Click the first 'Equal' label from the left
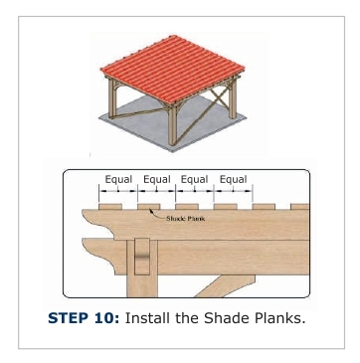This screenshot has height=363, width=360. pyautogui.click(x=118, y=179)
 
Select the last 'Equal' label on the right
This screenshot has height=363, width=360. pyautogui.click(x=234, y=179)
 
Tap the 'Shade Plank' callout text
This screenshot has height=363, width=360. pyautogui.click(x=185, y=219)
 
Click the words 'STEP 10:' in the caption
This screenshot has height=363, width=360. pyautogui.click(x=84, y=318)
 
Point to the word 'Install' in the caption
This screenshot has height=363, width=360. pyautogui.click(x=148, y=318)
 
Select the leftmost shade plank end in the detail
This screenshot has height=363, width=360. pyautogui.click(x=110, y=207)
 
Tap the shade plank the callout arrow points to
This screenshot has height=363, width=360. pyautogui.click(x=149, y=207)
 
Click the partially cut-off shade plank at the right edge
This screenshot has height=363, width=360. pyautogui.click(x=300, y=207)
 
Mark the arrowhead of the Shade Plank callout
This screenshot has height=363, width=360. pyautogui.click(x=151, y=210)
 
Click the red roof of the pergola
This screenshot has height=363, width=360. pyautogui.click(x=173, y=69)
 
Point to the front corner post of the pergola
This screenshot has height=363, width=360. pyautogui.click(x=172, y=124)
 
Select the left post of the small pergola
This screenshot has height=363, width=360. pyautogui.click(x=112, y=98)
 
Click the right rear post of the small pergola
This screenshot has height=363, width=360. pyautogui.click(x=233, y=98)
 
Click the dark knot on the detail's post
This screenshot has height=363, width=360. pyautogui.click(x=142, y=257)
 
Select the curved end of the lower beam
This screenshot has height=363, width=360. pyautogui.click(x=99, y=256)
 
